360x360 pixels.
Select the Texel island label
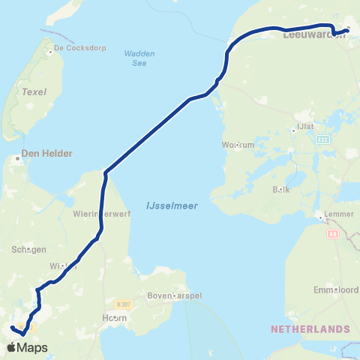click(34, 92)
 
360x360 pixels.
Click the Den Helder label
click(46, 153)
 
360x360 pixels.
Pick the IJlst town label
click(305, 126)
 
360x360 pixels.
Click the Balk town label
click(281, 190)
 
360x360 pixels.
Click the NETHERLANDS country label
click(310, 329)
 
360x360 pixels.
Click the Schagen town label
click(29, 250)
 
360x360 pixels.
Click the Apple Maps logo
click(26, 347)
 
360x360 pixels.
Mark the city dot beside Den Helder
click(16, 158)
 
